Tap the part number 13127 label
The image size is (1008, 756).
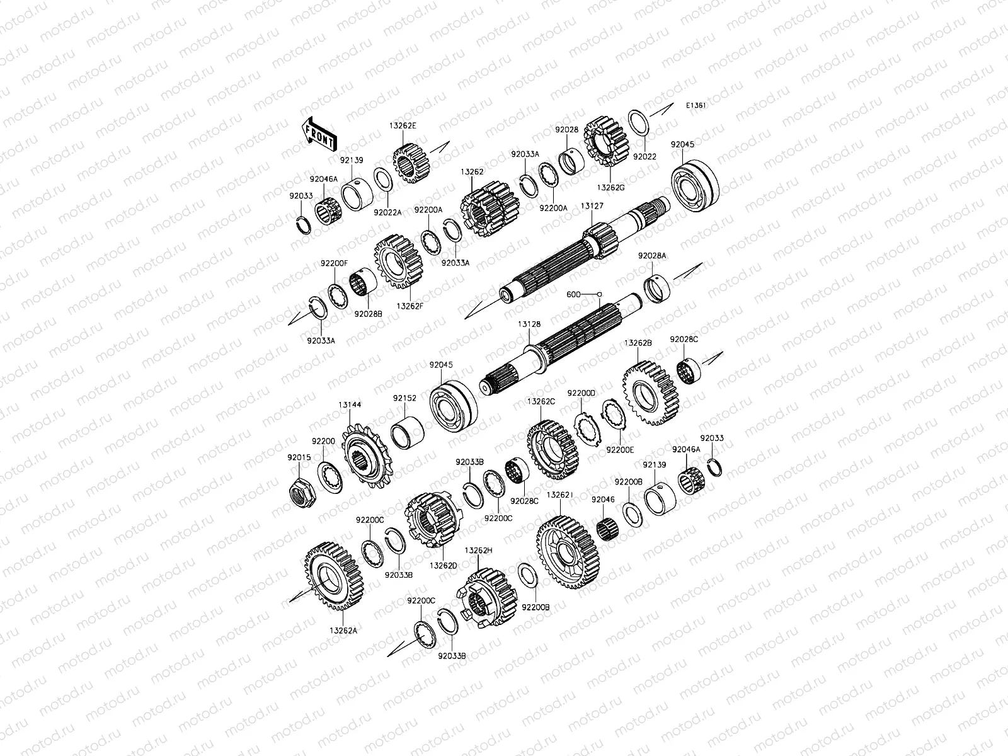(x=592, y=206)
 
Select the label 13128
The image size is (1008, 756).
(x=529, y=324)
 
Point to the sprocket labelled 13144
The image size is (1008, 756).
(x=367, y=455)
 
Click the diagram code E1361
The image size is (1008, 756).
(x=696, y=106)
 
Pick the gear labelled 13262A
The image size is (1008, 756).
(x=334, y=576)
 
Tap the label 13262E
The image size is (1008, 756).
(x=403, y=126)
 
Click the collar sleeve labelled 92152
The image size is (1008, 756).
(x=408, y=433)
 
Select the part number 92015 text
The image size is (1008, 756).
(x=299, y=457)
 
